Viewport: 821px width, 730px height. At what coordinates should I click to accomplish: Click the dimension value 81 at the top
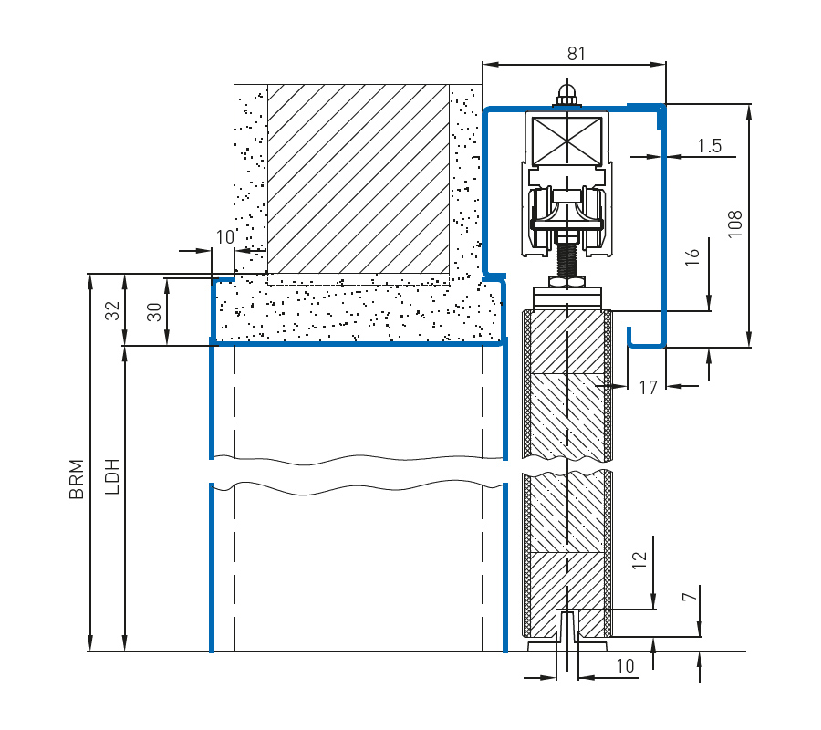click(576, 54)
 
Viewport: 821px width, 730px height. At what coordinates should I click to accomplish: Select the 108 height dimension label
click(735, 224)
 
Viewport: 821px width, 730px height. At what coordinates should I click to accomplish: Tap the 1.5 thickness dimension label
click(710, 146)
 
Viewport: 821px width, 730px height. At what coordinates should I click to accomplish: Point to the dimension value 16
click(692, 256)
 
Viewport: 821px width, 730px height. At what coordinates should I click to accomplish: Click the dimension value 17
click(648, 388)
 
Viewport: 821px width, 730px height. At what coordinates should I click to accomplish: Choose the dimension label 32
click(112, 310)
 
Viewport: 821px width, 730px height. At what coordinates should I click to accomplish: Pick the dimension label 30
click(154, 312)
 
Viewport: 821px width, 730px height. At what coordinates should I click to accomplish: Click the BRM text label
click(77, 479)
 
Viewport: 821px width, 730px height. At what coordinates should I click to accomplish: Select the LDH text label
click(112, 476)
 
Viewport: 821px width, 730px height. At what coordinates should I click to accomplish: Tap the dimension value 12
click(639, 560)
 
